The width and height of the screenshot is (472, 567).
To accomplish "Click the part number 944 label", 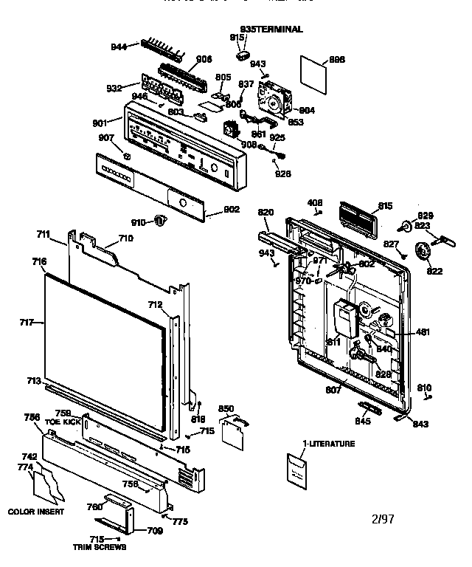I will tap(119, 47).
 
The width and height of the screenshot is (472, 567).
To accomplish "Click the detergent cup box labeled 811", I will tap(344, 317).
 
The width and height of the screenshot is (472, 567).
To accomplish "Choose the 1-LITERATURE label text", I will tap(328, 444).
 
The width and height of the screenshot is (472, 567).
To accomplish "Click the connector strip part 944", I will tap(156, 48).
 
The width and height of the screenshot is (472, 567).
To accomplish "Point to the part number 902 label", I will tap(231, 209).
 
